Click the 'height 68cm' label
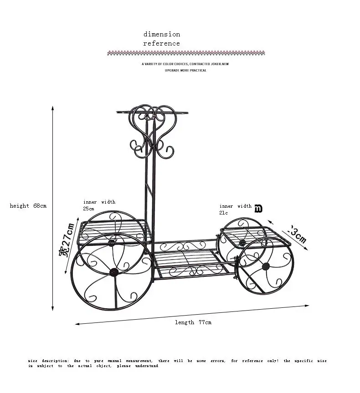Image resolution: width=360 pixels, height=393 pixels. click(28, 206)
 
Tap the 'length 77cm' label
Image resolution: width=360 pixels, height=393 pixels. click(193, 322)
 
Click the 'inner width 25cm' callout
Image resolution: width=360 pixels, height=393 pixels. click(99, 205)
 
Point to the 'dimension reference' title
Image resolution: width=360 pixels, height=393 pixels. click(162, 39)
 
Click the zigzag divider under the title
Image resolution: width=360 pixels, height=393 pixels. click(186, 53)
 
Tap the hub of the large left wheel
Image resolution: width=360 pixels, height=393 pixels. click(113, 272)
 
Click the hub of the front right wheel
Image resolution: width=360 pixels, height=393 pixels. click(266, 266)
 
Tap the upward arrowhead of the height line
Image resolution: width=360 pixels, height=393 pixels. click(53, 108)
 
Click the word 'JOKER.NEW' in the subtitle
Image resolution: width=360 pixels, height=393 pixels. click(219, 64)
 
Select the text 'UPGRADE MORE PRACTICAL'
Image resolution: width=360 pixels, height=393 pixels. click(185, 71)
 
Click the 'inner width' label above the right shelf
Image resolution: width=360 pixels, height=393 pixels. click(236, 206)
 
